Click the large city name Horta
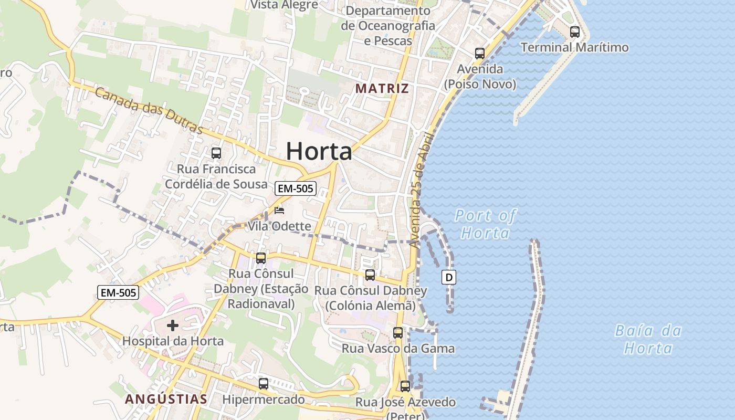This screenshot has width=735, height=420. [x=319, y=152]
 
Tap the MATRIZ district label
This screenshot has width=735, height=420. [x=382, y=88]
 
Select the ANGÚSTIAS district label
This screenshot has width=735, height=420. [x=166, y=399]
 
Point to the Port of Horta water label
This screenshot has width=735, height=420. [x=485, y=224]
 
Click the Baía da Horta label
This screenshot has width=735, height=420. [x=648, y=339]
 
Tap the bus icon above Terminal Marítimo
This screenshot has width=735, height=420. [x=575, y=32]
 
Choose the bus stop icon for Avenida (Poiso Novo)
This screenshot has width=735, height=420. [x=480, y=54]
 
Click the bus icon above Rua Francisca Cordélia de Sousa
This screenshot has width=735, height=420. [x=216, y=153]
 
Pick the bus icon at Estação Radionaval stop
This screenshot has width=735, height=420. [x=261, y=258]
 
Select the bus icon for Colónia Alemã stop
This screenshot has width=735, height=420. [x=370, y=275]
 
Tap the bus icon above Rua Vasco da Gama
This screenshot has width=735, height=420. [x=398, y=333]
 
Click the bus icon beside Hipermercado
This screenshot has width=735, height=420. [x=264, y=384]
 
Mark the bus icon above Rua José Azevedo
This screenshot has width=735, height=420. [x=405, y=386]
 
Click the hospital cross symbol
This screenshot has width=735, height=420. [x=173, y=325]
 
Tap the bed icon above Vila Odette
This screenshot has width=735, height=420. [x=279, y=211]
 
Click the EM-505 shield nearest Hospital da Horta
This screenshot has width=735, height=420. [x=118, y=293]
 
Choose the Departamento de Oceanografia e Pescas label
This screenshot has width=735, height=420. [x=388, y=25]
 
